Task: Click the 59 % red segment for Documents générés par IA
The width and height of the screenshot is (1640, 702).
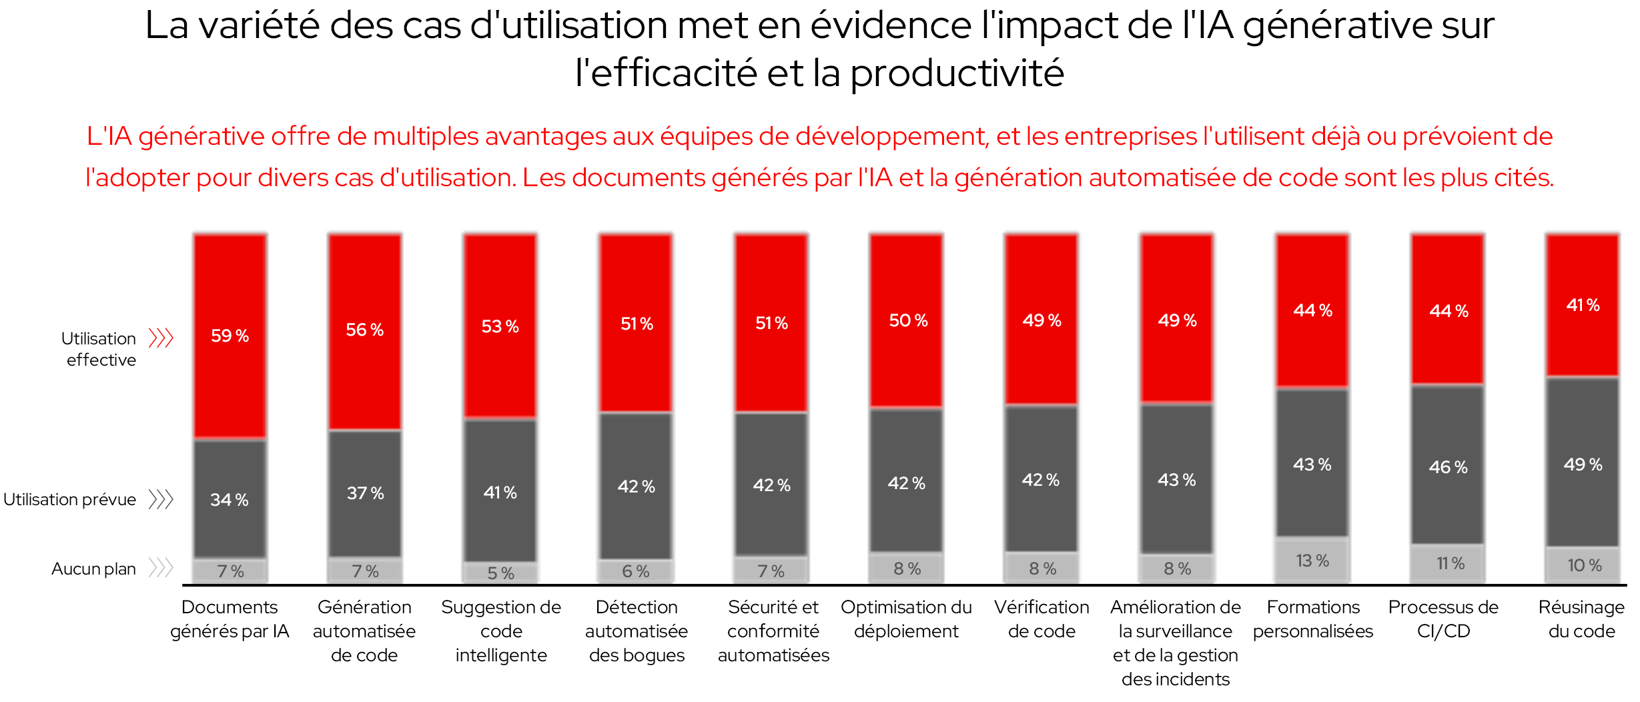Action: (230, 336)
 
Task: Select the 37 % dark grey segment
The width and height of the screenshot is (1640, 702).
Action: (365, 493)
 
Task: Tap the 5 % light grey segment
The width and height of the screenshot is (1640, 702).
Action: (500, 573)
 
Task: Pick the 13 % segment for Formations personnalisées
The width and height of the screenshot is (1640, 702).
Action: (1312, 561)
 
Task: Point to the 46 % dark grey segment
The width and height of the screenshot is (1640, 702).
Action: (1448, 466)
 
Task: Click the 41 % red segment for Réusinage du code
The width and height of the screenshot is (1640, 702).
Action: (1583, 305)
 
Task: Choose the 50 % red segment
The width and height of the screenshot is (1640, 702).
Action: (907, 320)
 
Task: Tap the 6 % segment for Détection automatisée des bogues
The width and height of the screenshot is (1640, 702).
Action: (635, 571)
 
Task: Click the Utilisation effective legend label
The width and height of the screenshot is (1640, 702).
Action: (99, 349)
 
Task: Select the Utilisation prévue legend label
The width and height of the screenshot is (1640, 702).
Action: (70, 499)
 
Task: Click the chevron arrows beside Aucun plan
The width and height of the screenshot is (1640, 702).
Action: (161, 568)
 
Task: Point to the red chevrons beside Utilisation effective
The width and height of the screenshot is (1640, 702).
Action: (161, 338)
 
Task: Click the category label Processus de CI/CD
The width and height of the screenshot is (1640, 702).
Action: (1443, 619)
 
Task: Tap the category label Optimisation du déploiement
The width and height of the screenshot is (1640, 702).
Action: (906, 619)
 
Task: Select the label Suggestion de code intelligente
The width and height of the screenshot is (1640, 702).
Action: (501, 631)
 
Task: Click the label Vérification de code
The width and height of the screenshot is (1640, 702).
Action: (1042, 619)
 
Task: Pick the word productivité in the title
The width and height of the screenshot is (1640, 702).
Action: (956, 73)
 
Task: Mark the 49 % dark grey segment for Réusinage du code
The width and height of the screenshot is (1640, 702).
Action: (1583, 464)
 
